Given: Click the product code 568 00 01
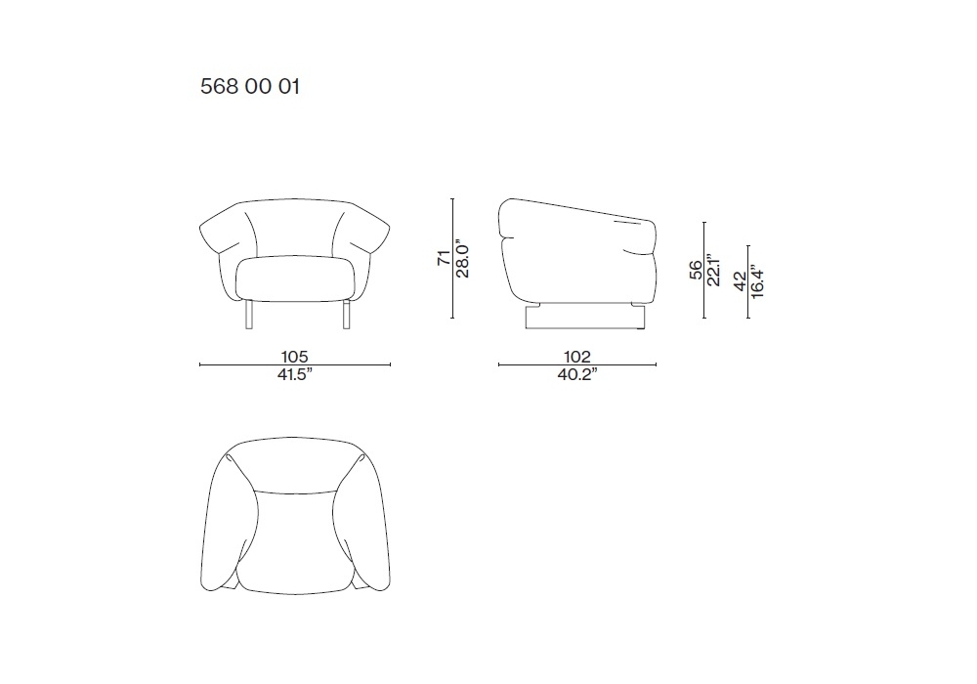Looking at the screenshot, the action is click(250, 86).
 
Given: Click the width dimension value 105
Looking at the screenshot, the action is click(295, 357).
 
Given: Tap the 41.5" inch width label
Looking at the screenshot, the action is click(295, 374).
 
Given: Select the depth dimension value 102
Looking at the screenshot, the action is click(577, 357).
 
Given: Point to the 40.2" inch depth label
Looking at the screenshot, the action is click(577, 374).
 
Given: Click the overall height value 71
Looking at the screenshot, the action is click(444, 258).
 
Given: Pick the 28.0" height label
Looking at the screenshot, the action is click(462, 258).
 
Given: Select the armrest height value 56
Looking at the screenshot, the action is click(696, 270).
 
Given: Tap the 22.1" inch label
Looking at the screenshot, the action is click(713, 271).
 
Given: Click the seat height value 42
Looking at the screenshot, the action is click(740, 281).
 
